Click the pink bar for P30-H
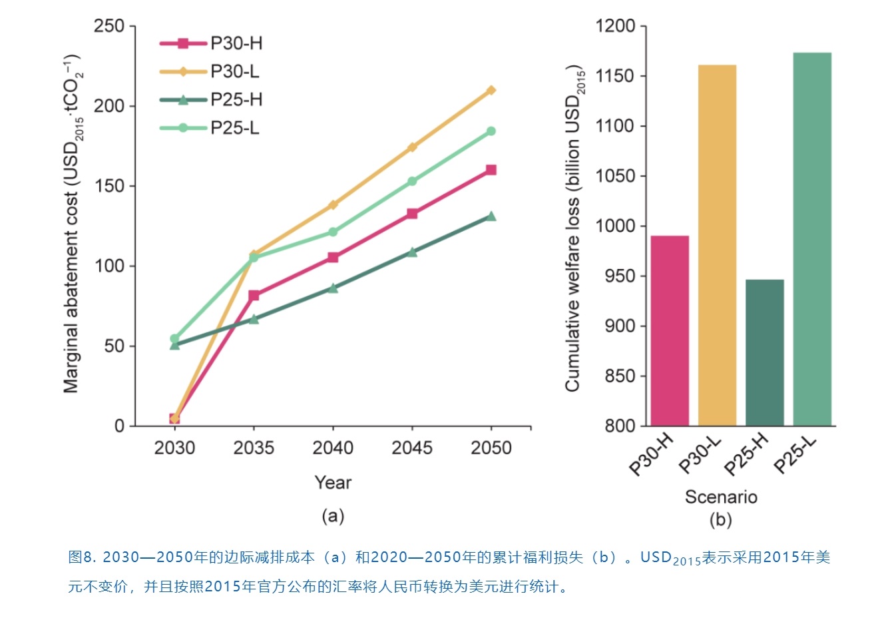tap(670, 330)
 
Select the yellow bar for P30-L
tap(717, 245)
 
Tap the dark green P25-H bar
tap(764, 352)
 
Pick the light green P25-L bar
tap(812, 238)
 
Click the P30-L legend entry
tap(210, 71)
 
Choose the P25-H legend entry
tap(210, 100)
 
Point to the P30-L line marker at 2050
tap(491, 91)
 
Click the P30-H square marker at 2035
tap(254, 295)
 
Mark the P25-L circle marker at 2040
tap(333, 232)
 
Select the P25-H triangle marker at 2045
tap(412, 252)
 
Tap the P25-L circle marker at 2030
tap(174, 338)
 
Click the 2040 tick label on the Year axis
tap(333, 448)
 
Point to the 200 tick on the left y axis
tap(109, 106)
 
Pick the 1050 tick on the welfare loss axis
tap(615, 176)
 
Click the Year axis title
tap(333, 482)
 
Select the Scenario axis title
tap(721, 497)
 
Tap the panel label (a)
tap(332, 516)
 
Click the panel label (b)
tap(721, 519)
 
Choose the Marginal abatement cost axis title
tap(73, 223)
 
